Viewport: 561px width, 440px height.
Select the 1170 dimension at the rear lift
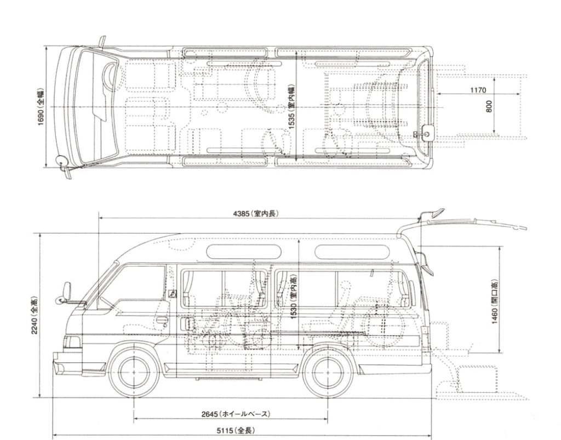478,90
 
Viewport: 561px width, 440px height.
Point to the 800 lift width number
489,106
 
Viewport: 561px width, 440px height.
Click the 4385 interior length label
255,214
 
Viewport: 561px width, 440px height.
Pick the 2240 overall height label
34,315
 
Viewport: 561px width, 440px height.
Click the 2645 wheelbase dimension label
235,414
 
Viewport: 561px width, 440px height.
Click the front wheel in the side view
134,373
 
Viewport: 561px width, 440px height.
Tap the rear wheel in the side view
328,373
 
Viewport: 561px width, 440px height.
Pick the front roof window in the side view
243,252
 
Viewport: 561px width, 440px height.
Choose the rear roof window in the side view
352,252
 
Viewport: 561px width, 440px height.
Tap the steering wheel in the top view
109,76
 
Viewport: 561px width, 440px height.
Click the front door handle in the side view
162,319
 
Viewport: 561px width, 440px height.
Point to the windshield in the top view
94,107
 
